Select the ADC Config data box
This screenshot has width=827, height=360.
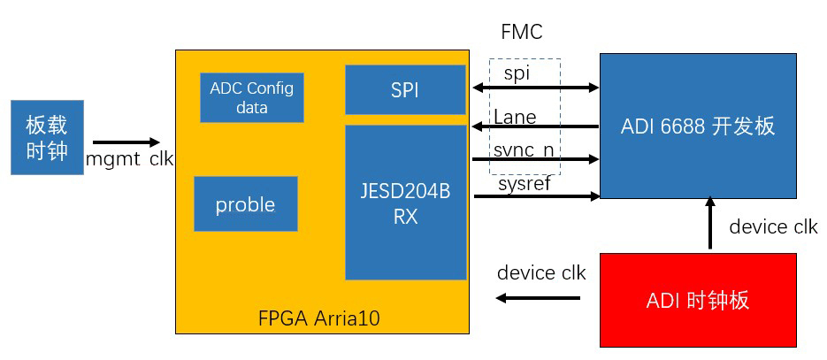tap(252, 97)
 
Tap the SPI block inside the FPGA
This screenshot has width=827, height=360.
tap(405, 89)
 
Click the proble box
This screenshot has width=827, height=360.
tap(245, 204)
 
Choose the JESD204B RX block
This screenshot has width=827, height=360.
tap(405, 203)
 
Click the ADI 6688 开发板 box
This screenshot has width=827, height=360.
tap(698, 126)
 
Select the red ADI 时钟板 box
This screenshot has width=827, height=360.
tap(698, 300)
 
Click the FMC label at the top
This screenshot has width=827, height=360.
tap(521, 33)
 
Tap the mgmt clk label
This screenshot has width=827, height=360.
tap(129, 159)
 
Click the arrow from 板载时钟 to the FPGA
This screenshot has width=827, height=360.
tap(126, 142)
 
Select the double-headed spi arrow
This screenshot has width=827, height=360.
tap(536, 88)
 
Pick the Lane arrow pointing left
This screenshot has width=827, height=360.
tap(536, 126)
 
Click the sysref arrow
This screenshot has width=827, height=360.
tap(536, 196)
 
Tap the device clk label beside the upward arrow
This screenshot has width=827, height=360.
tap(773, 227)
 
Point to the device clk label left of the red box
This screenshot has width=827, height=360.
tap(541, 272)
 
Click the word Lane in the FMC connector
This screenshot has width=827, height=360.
tap(515, 116)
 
